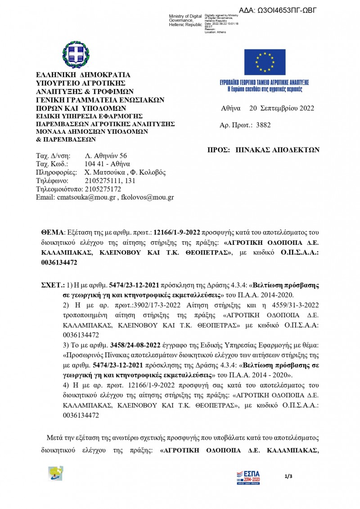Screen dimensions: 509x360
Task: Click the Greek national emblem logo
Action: click(x=76, y=54)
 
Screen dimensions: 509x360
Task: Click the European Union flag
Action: click(x=265, y=61)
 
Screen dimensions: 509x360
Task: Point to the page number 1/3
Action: click(x=288, y=476)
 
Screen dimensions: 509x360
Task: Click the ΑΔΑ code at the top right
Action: click(x=278, y=10)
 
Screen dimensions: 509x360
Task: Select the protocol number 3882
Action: click(x=263, y=125)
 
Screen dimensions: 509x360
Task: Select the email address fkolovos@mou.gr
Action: click(x=146, y=197)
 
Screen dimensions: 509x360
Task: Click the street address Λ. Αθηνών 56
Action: click(x=106, y=156)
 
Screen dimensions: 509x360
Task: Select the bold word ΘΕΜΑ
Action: click(x=53, y=232)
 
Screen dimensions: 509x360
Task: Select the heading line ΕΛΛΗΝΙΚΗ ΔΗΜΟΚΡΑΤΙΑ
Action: click(x=83, y=75)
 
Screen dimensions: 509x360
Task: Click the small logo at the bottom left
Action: click(x=56, y=473)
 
